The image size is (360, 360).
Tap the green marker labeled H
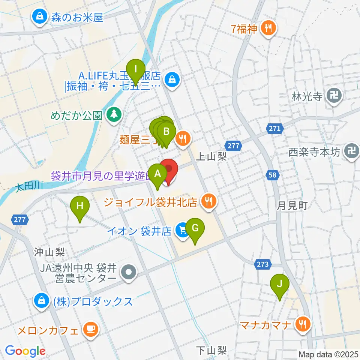pos(80,206)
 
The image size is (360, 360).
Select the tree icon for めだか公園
pos(113,114)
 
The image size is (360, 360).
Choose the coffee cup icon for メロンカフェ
pos(90,329)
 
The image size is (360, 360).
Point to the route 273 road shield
pos(263,264)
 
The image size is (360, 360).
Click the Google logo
pos(25,351)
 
